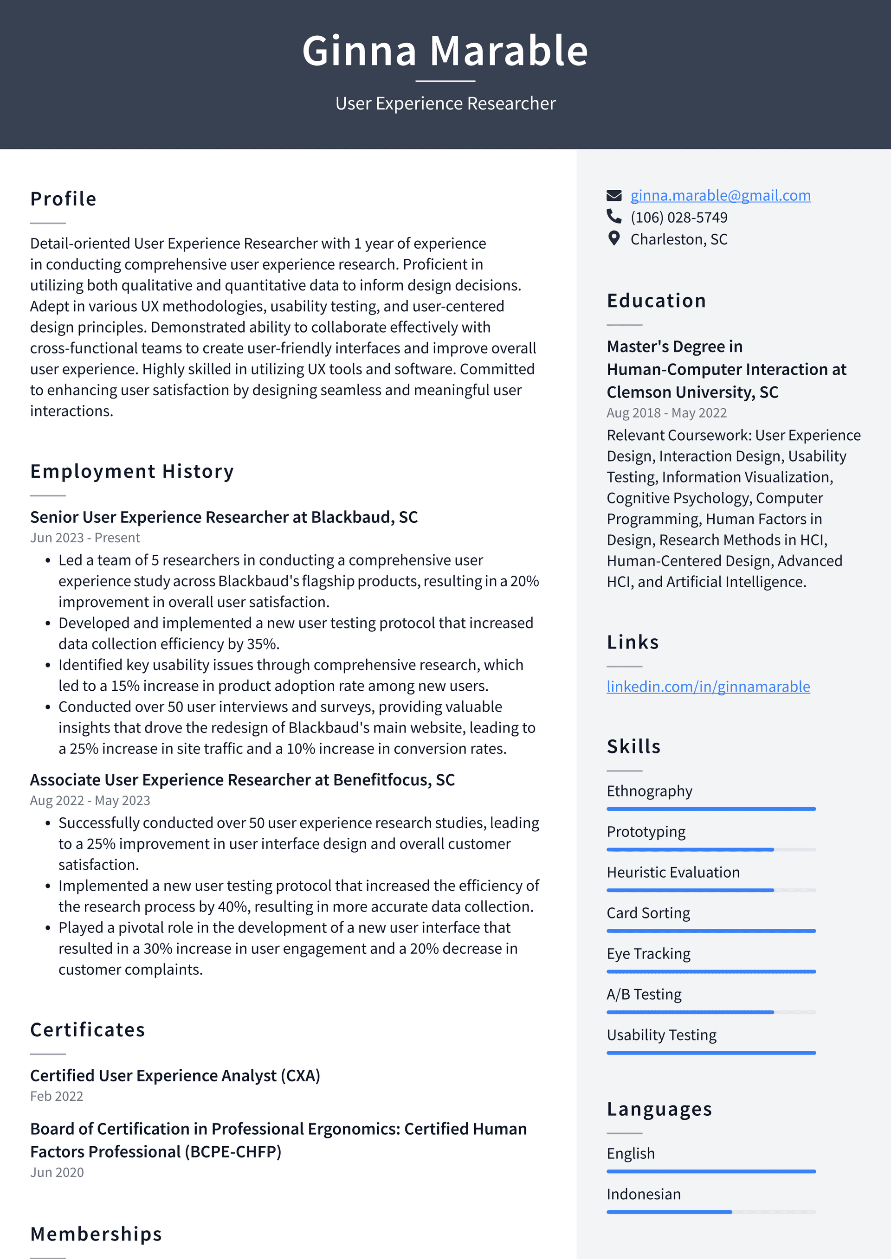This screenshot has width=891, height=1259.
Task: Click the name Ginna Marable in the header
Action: click(445, 51)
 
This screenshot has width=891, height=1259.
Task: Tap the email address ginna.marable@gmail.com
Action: click(720, 195)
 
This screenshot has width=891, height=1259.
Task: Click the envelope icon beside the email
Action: click(614, 195)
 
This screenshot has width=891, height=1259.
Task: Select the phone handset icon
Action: click(614, 217)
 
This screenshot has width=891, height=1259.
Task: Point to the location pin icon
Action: click(614, 238)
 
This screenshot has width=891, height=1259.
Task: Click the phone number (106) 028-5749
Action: click(678, 218)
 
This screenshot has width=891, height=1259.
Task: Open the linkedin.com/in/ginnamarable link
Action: click(708, 687)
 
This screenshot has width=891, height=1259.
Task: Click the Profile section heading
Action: click(64, 199)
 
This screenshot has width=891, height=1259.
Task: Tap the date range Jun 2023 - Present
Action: click(85, 538)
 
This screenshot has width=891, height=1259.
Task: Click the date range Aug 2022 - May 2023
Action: click(90, 801)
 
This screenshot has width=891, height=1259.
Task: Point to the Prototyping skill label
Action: click(646, 832)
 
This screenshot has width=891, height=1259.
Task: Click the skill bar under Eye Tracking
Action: click(710, 972)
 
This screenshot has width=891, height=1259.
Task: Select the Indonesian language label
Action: click(644, 1195)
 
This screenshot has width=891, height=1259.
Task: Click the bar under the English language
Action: click(710, 1171)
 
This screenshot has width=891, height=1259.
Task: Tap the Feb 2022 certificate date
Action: click(57, 1096)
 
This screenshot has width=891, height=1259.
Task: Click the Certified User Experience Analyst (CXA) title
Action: click(175, 1076)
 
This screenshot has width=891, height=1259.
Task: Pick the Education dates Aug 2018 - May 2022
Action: click(666, 413)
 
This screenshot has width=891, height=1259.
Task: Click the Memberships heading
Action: click(96, 1234)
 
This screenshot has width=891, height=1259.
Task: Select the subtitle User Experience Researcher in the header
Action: click(445, 103)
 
